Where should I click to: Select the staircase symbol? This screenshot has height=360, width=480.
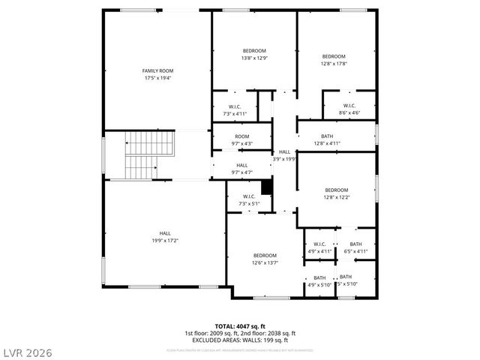[139, 154]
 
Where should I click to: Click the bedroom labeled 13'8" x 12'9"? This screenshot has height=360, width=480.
[254, 51]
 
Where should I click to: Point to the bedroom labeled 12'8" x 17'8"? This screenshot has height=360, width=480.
[334, 56]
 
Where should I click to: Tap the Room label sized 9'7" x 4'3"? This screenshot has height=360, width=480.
[241, 136]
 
